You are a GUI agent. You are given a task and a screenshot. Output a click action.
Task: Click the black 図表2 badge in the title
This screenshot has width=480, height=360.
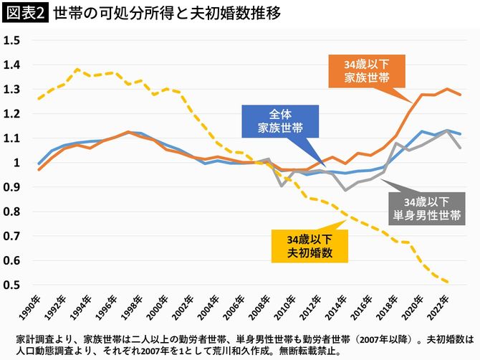coord(24,14)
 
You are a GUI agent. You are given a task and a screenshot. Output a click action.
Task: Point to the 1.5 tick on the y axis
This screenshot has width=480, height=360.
coord(11,40)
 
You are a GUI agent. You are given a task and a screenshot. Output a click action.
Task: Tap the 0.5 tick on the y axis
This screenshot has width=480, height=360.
coord(11,285)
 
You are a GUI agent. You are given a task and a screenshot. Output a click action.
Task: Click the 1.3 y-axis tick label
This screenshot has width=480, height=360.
coord(11,89)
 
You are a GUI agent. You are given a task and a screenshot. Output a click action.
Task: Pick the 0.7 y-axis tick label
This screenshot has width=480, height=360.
coord(11,236)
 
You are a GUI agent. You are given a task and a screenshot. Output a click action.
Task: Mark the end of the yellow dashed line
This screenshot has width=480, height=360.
coord(448,283)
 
